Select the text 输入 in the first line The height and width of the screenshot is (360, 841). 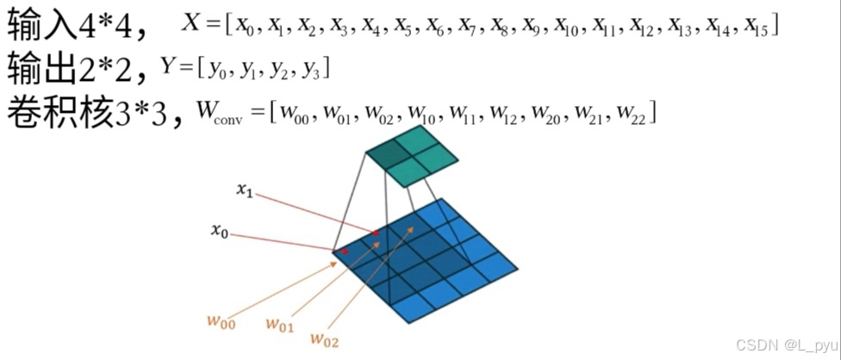(x=38, y=26)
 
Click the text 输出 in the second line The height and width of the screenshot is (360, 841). (x=38, y=68)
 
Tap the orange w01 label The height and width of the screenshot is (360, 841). (x=279, y=325)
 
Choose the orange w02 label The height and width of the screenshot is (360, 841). (x=324, y=341)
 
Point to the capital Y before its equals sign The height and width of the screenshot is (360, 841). (x=168, y=65)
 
